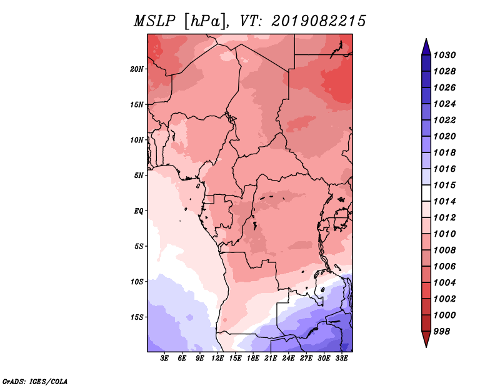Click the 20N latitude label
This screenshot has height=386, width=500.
(137, 69)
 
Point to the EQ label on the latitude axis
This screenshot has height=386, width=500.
(139, 211)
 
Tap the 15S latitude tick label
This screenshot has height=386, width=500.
(137, 317)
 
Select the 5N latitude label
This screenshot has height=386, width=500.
(139, 176)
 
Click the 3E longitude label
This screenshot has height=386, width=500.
(164, 359)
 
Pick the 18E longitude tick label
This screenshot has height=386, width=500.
(253, 359)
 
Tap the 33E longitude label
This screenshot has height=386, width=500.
(341, 359)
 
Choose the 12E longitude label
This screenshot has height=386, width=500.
(217, 359)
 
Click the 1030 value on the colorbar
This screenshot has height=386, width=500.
(444, 55)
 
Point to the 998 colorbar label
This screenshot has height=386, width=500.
(442, 332)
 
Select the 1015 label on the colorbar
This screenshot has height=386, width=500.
(444, 185)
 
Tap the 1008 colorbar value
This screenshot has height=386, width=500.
(444, 250)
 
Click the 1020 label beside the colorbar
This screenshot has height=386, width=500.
(444, 136)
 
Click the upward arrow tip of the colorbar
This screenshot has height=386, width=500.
(426, 39)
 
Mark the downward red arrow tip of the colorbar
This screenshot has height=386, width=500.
(426, 347)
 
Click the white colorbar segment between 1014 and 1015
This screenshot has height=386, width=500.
(426, 193)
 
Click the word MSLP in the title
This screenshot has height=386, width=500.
(154, 21)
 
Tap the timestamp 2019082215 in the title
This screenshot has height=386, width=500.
(318, 21)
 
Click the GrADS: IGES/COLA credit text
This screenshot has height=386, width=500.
(35, 381)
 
